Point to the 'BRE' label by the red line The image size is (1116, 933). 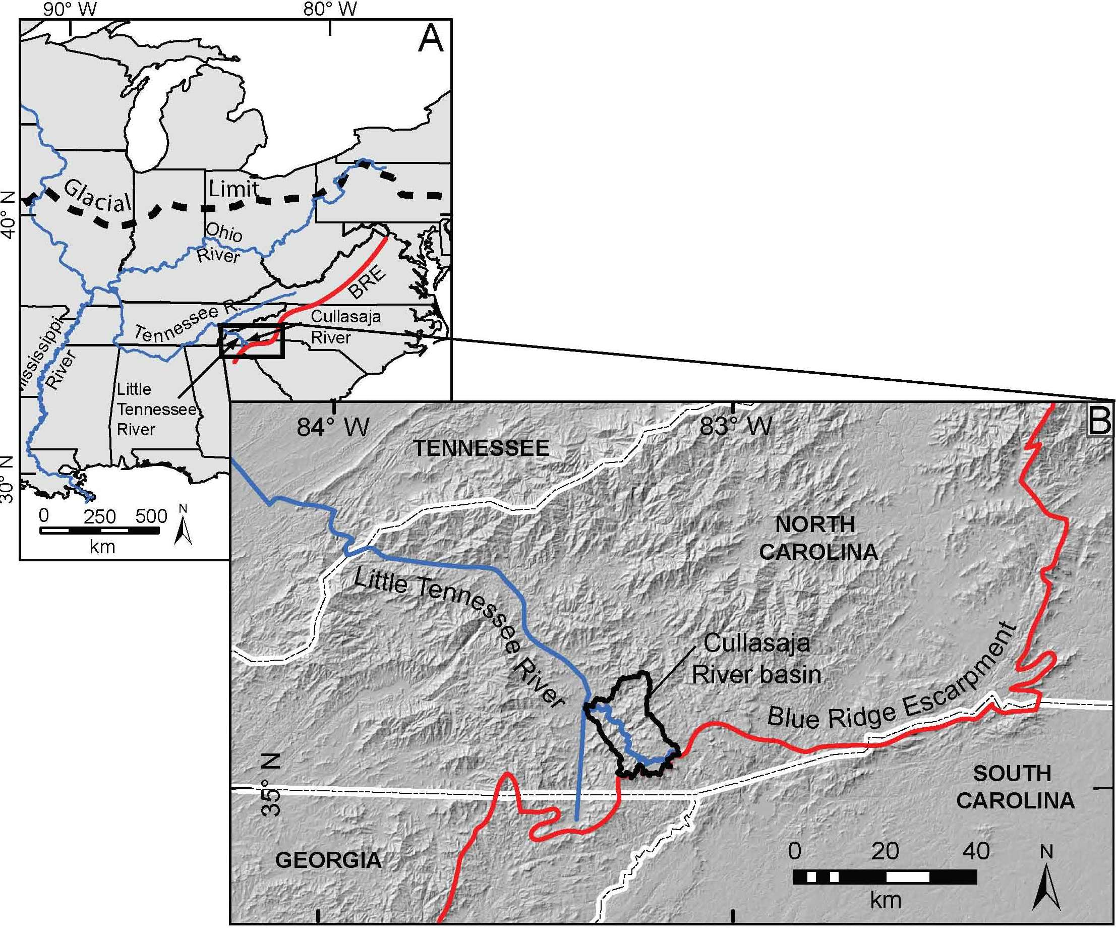[367, 281]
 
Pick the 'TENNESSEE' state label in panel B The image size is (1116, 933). [482, 448]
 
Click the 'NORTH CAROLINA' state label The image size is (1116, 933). [818, 538]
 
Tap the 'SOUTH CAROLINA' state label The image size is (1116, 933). [1015, 787]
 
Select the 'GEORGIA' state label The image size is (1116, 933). [328, 860]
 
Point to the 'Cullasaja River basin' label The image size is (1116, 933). [756, 659]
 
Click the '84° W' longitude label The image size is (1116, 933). [333, 427]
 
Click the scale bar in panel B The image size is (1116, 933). [885, 877]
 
